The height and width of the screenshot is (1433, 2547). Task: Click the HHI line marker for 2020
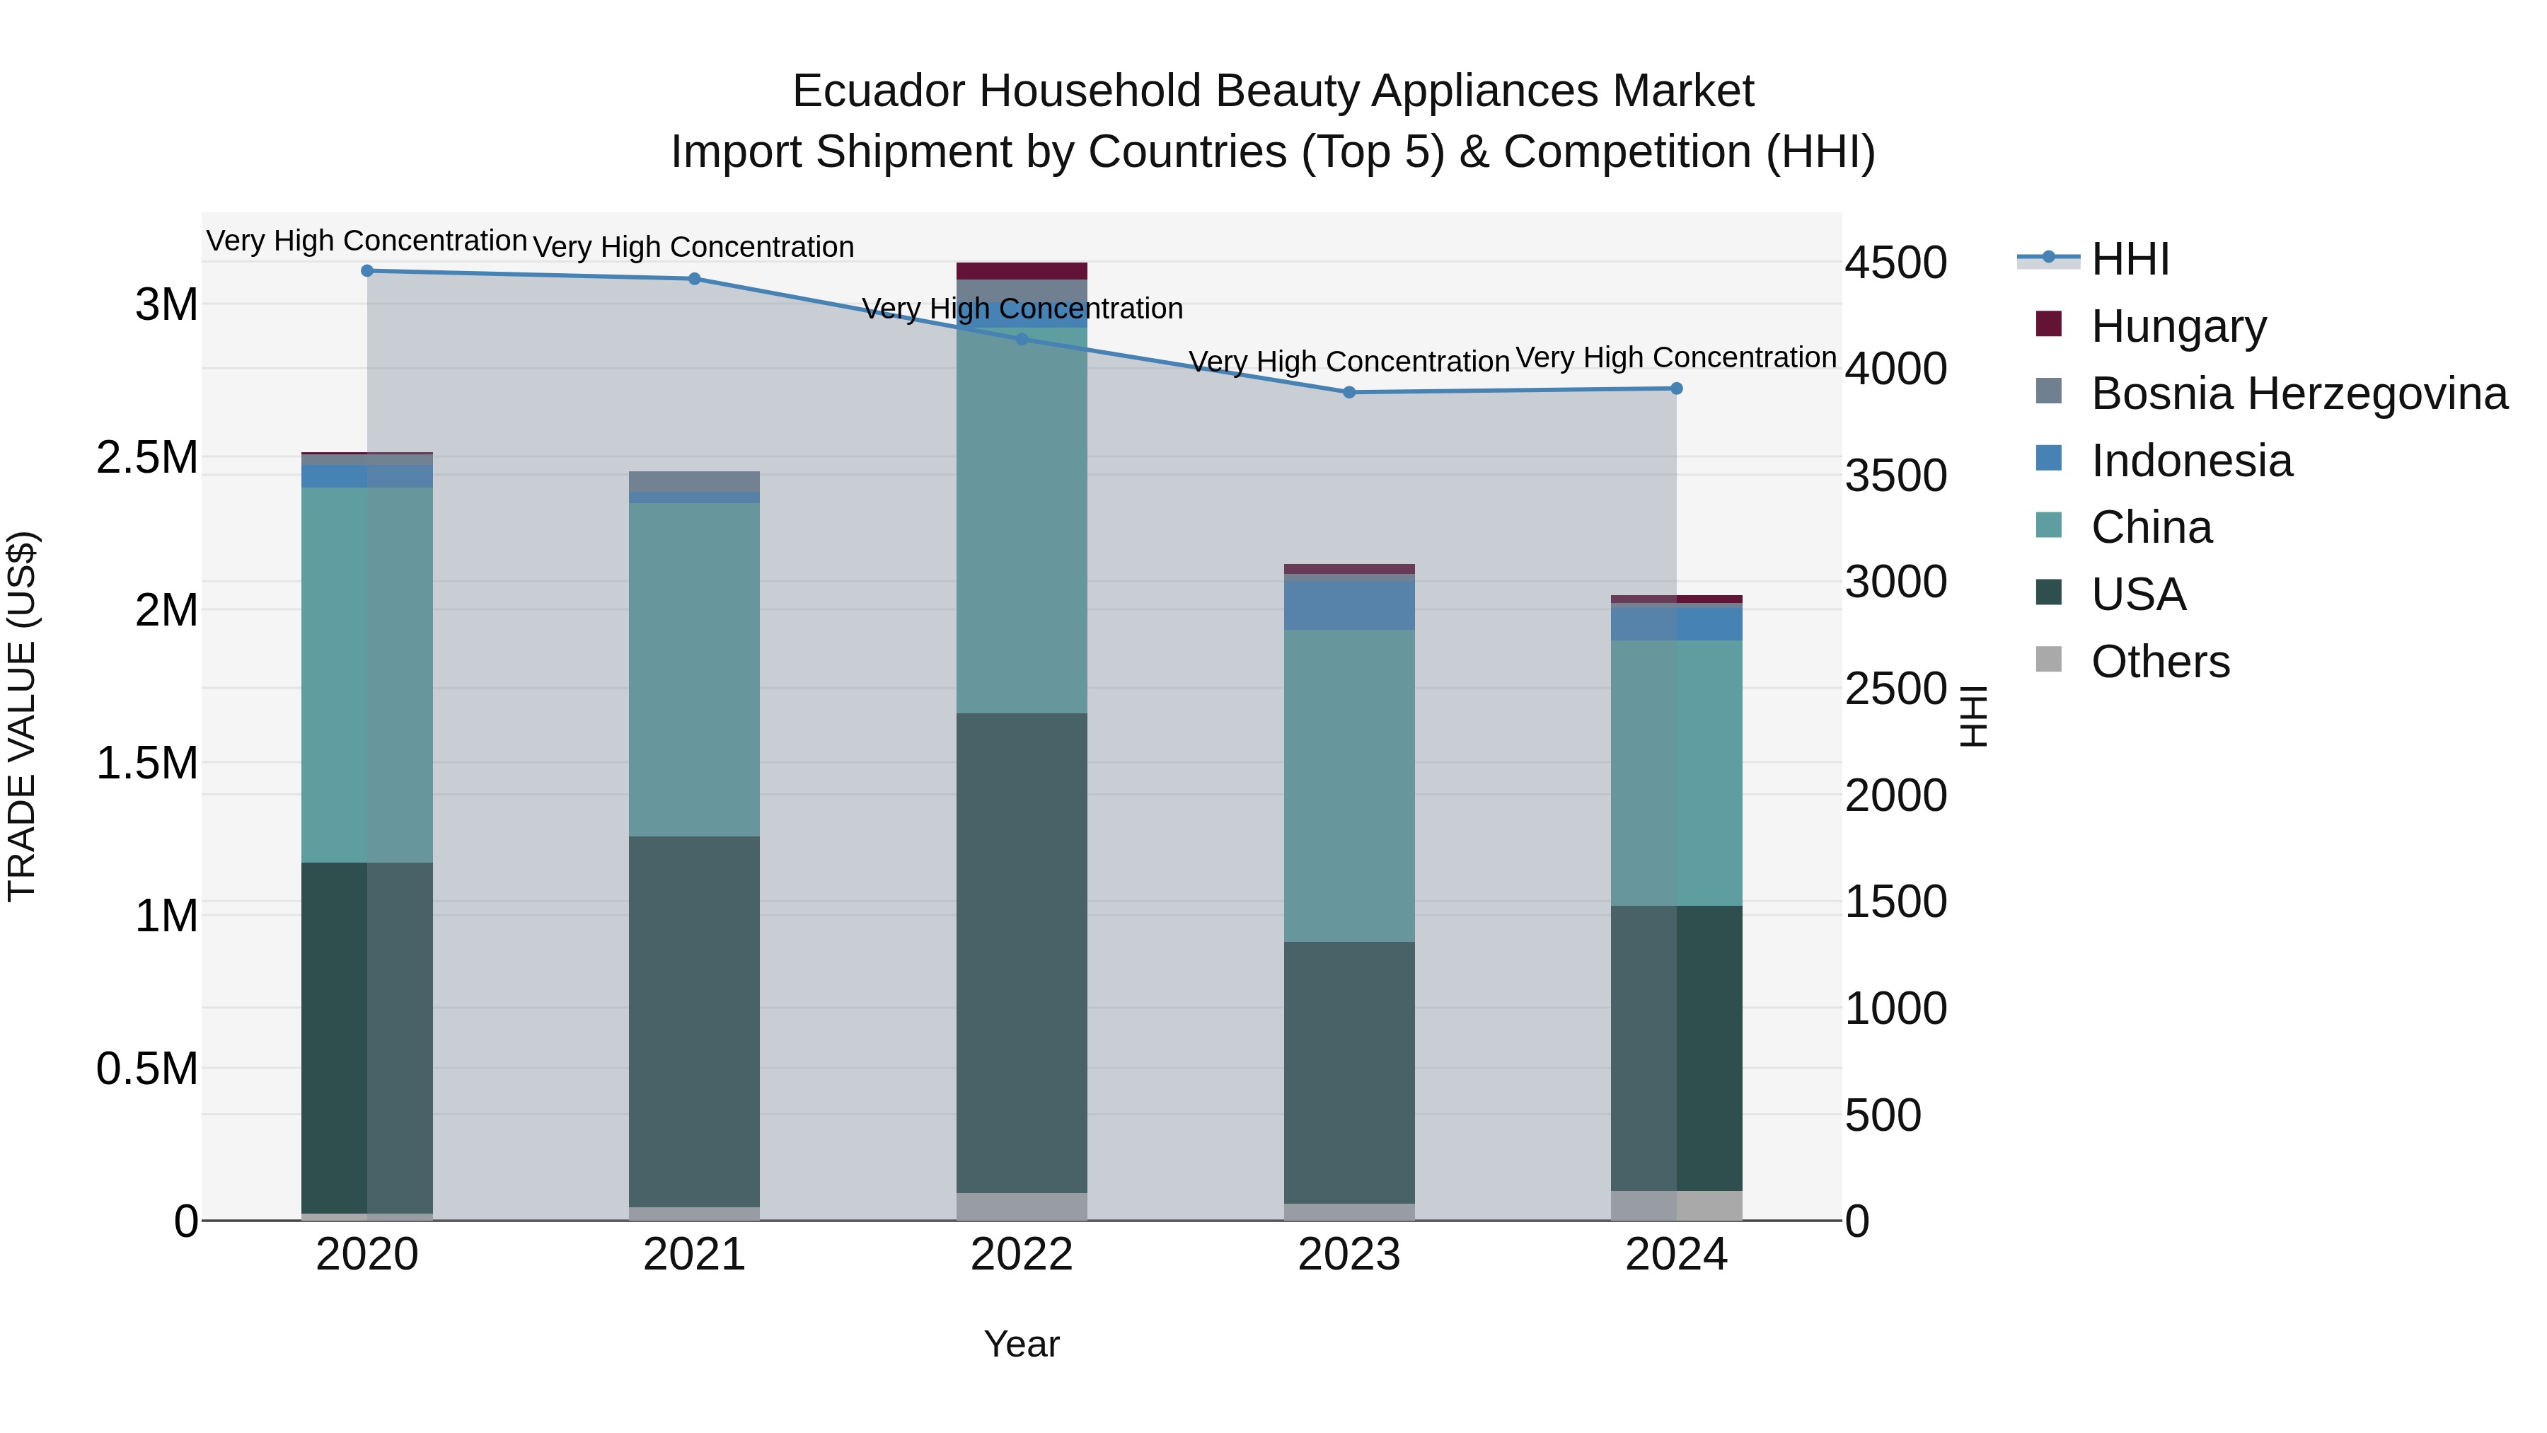click(x=366, y=271)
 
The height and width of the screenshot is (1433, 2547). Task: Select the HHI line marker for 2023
click(x=1348, y=393)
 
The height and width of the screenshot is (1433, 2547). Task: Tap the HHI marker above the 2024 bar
click(x=1676, y=389)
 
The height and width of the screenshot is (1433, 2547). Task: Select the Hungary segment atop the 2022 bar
click(x=1022, y=271)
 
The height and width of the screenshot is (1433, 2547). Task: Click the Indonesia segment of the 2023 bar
click(x=1348, y=605)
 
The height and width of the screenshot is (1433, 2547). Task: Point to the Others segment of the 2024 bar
click(x=1676, y=1206)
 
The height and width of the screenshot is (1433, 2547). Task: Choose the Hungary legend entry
click(x=2178, y=326)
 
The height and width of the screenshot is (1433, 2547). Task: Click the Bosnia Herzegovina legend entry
click(x=2299, y=393)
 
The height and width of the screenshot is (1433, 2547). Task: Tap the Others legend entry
click(x=2161, y=662)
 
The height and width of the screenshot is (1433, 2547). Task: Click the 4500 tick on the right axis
click(x=1895, y=263)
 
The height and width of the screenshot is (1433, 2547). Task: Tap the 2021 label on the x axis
click(x=694, y=1255)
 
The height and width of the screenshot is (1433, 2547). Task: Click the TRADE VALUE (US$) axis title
click(x=22, y=716)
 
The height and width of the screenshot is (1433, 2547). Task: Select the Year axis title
click(x=1022, y=1344)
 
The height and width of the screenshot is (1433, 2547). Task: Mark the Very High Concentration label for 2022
click(x=1022, y=309)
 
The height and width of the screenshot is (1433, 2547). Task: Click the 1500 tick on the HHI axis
click(x=1895, y=902)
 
